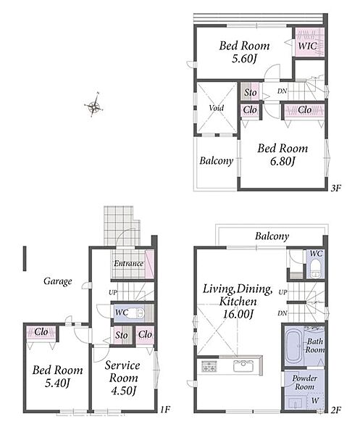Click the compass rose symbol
coord(94,105)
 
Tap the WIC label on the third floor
coord(308,46)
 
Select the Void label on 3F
coord(216,108)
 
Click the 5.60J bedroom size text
coord(244,59)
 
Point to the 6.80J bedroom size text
coord(282,161)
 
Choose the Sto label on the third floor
coord(250,92)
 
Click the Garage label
coord(58,281)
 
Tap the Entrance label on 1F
coord(129,263)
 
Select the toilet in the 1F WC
coord(137,313)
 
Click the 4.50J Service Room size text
coord(124,391)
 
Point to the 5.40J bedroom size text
coord(57,383)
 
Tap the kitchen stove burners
coord(209,366)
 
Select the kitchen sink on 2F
coord(243,366)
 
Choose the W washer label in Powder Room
coord(315,400)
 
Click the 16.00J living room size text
coord(238,314)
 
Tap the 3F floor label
coord(335,188)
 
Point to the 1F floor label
coord(164,409)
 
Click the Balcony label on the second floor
coord(272,236)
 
